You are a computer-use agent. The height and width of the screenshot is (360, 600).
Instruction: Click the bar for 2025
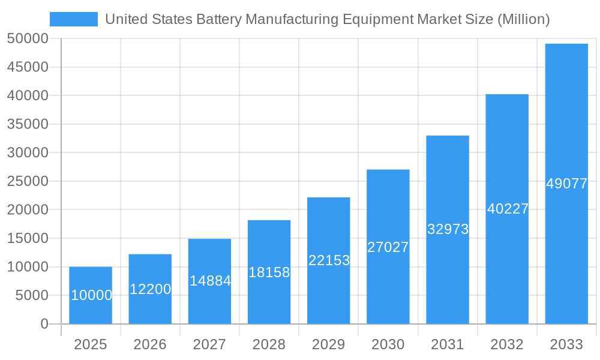click(91, 295)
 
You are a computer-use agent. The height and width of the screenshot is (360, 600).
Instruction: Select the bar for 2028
click(269, 272)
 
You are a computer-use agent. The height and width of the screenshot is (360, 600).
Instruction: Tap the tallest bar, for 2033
click(566, 184)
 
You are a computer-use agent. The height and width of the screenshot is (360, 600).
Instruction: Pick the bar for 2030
click(388, 247)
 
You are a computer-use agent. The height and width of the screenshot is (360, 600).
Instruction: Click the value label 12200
click(150, 289)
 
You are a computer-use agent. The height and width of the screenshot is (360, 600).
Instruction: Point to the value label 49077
click(566, 184)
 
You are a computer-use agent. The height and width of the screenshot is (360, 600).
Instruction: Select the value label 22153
click(329, 260)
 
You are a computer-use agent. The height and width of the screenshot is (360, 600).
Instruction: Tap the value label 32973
click(448, 229)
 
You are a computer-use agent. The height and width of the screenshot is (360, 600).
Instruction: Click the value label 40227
click(508, 209)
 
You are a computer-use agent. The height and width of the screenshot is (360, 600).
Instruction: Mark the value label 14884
click(210, 281)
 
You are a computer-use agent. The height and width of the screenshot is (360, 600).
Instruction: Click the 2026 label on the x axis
click(150, 344)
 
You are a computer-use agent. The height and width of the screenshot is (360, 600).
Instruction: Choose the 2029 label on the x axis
click(329, 344)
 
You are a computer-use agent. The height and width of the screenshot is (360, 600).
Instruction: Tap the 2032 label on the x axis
click(507, 344)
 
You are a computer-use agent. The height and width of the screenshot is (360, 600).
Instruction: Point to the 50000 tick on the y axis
click(28, 39)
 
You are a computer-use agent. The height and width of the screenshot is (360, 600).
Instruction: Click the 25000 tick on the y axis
click(28, 181)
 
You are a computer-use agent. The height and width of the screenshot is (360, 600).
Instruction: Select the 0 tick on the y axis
click(44, 324)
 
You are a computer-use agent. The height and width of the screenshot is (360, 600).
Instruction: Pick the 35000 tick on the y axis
click(28, 124)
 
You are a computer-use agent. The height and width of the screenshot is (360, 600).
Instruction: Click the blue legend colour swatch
click(73, 19)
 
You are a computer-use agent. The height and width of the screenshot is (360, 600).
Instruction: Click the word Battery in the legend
click(220, 19)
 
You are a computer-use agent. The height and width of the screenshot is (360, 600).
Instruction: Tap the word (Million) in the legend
click(524, 19)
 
